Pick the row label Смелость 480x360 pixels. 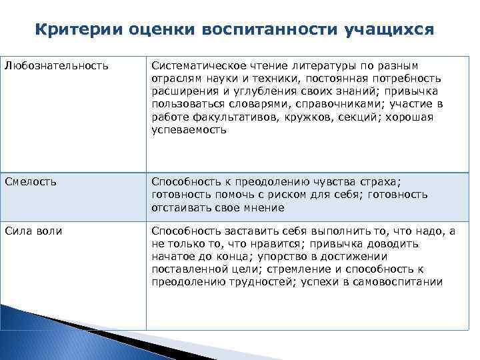point(30,181)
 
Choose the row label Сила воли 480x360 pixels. point(33,231)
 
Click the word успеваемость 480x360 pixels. point(189,130)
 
